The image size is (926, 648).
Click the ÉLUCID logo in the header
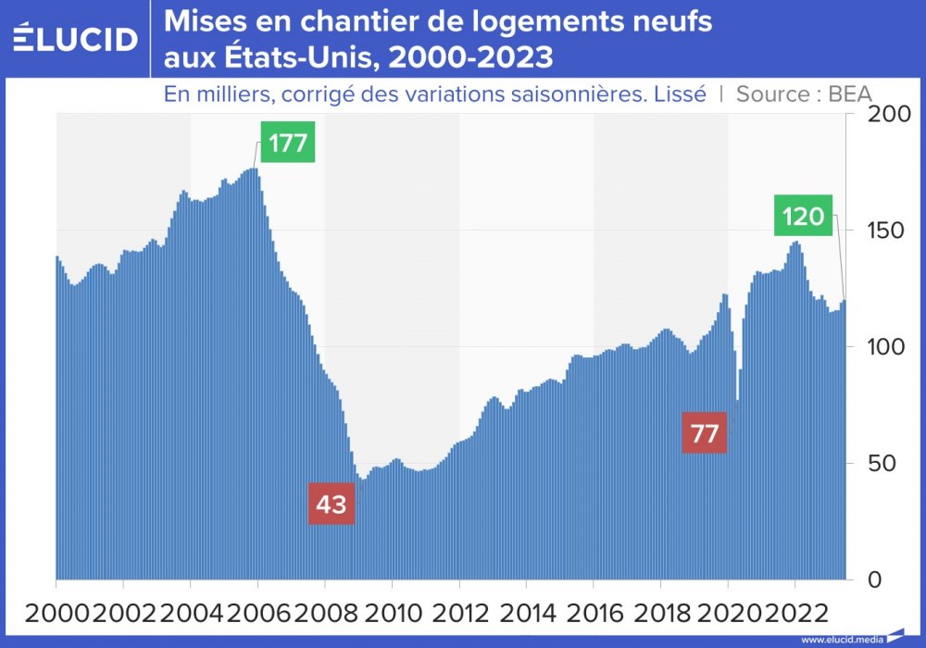point(76,38)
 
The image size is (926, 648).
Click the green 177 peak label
point(288,142)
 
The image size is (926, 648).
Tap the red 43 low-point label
point(332,504)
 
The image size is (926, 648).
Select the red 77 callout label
point(705,433)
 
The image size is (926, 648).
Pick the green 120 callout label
point(803,217)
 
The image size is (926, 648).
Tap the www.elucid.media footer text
point(841,639)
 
